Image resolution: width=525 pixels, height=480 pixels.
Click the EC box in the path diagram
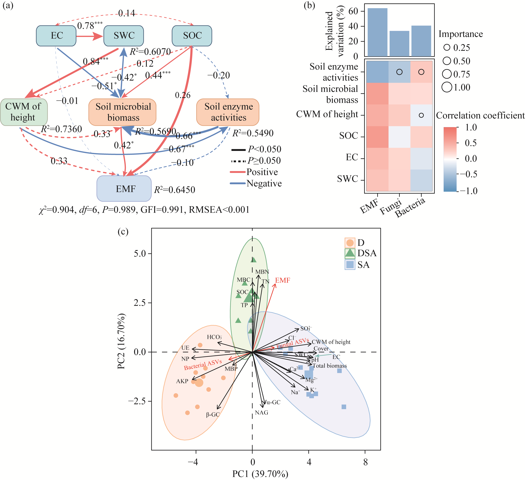[x=56, y=36]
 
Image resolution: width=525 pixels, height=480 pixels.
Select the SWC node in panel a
[x=124, y=36]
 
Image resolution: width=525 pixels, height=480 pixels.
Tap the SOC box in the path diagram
[x=192, y=36]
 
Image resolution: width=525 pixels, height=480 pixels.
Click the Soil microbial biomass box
[x=122, y=112]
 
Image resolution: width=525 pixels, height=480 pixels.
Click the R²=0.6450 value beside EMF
[x=174, y=190]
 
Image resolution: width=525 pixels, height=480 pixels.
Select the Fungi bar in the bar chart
[x=399, y=43]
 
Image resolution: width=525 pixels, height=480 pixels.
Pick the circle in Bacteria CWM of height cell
[x=421, y=115]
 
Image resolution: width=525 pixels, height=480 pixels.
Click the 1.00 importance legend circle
[x=447, y=87]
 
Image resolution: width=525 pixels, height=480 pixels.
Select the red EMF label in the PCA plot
[x=283, y=280]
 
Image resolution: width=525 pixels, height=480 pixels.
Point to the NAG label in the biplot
[x=261, y=413]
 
